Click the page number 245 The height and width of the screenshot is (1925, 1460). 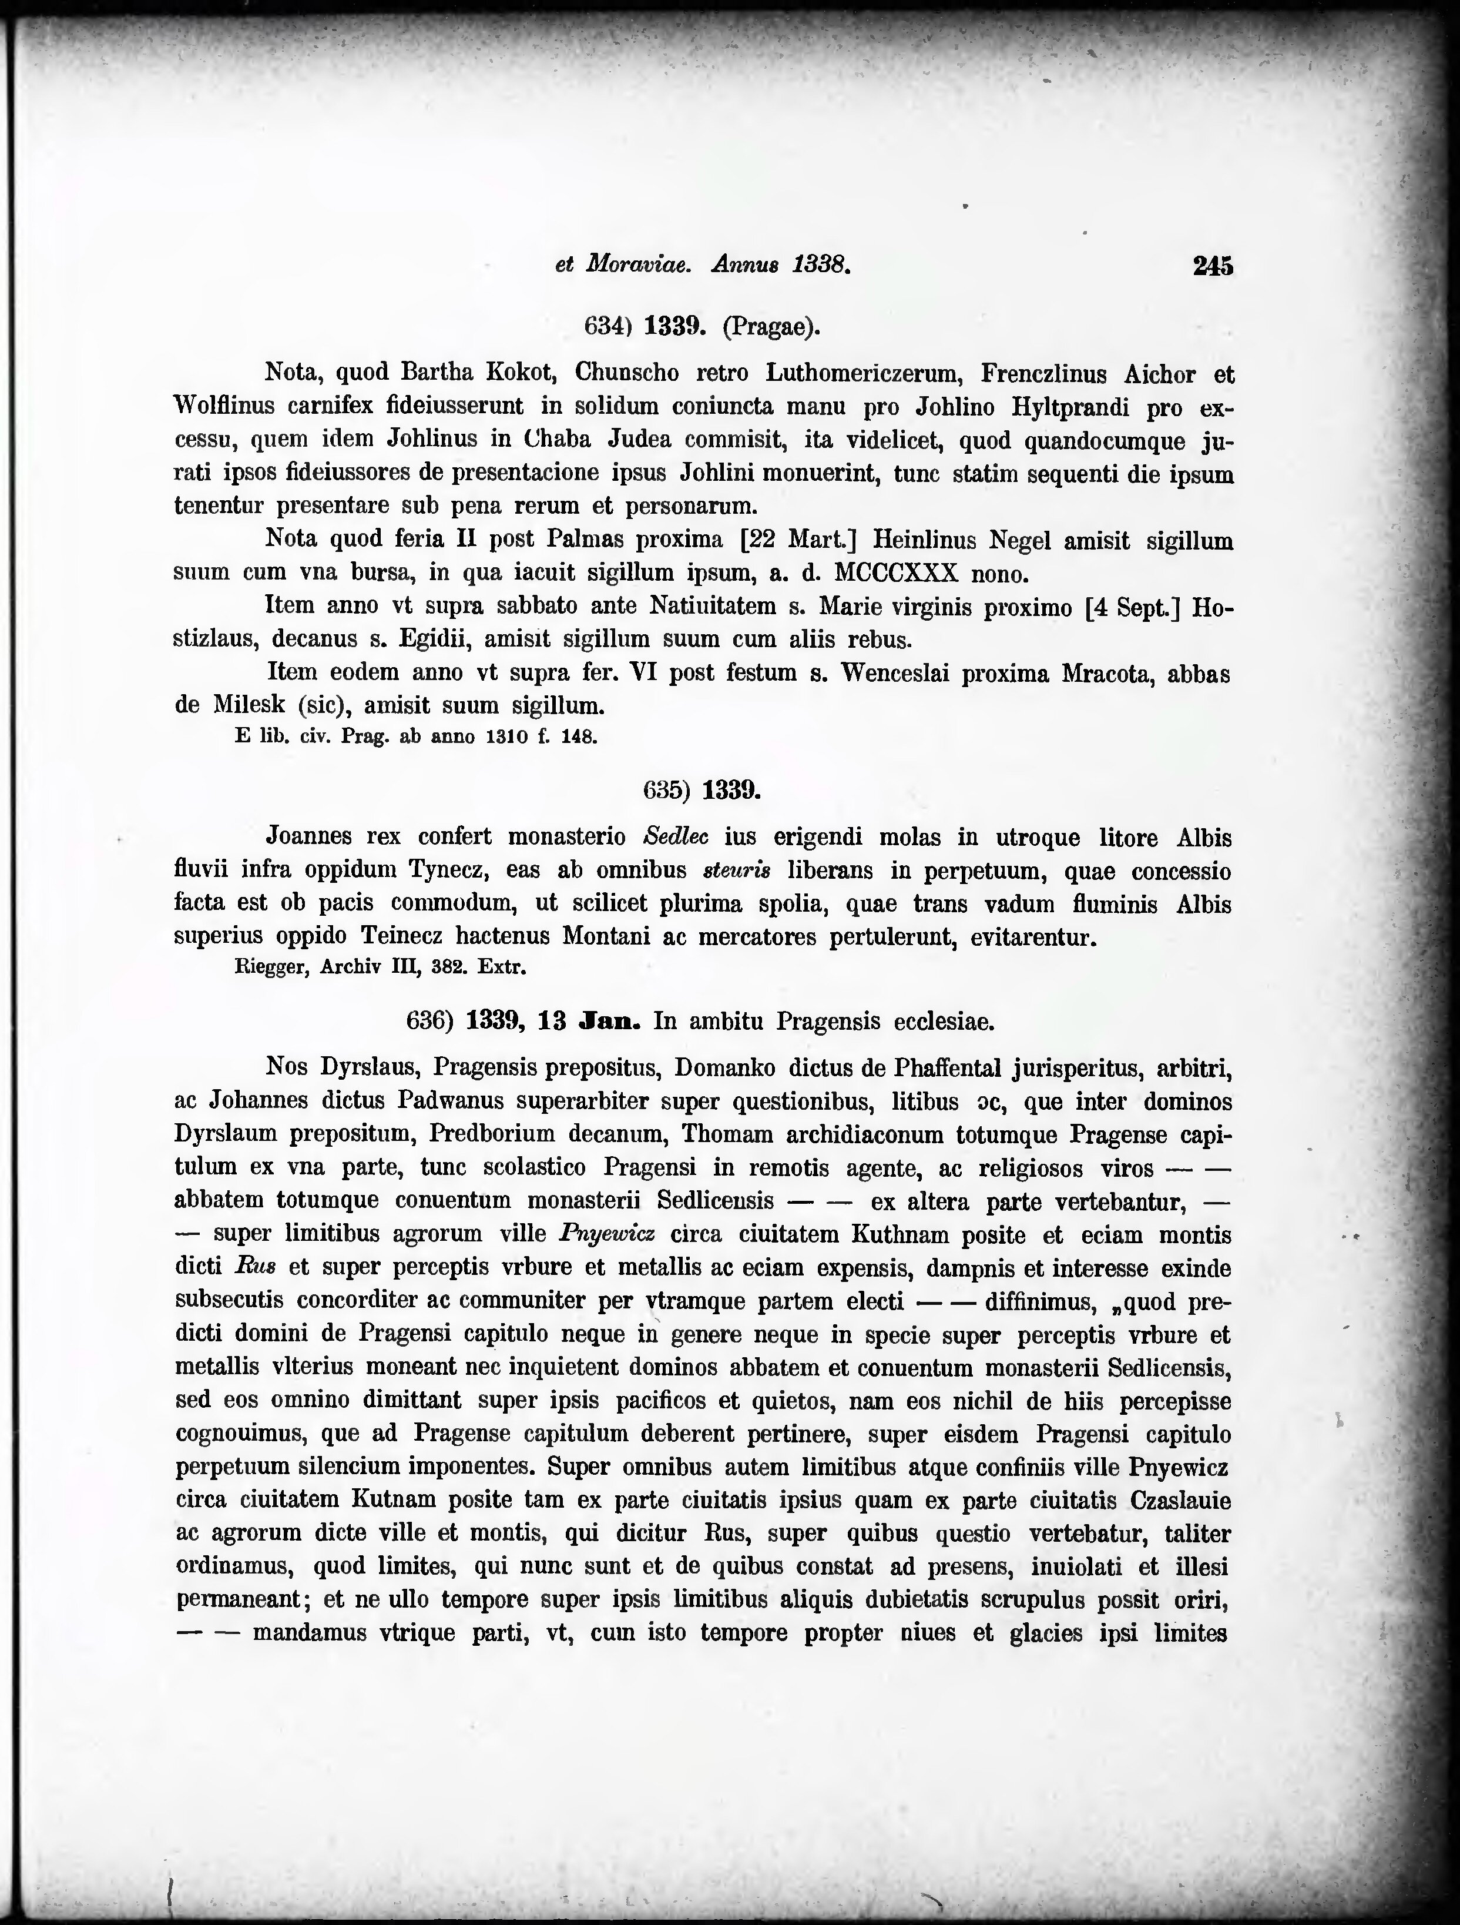[x=1213, y=266]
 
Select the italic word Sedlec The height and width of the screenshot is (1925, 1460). [x=675, y=837]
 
